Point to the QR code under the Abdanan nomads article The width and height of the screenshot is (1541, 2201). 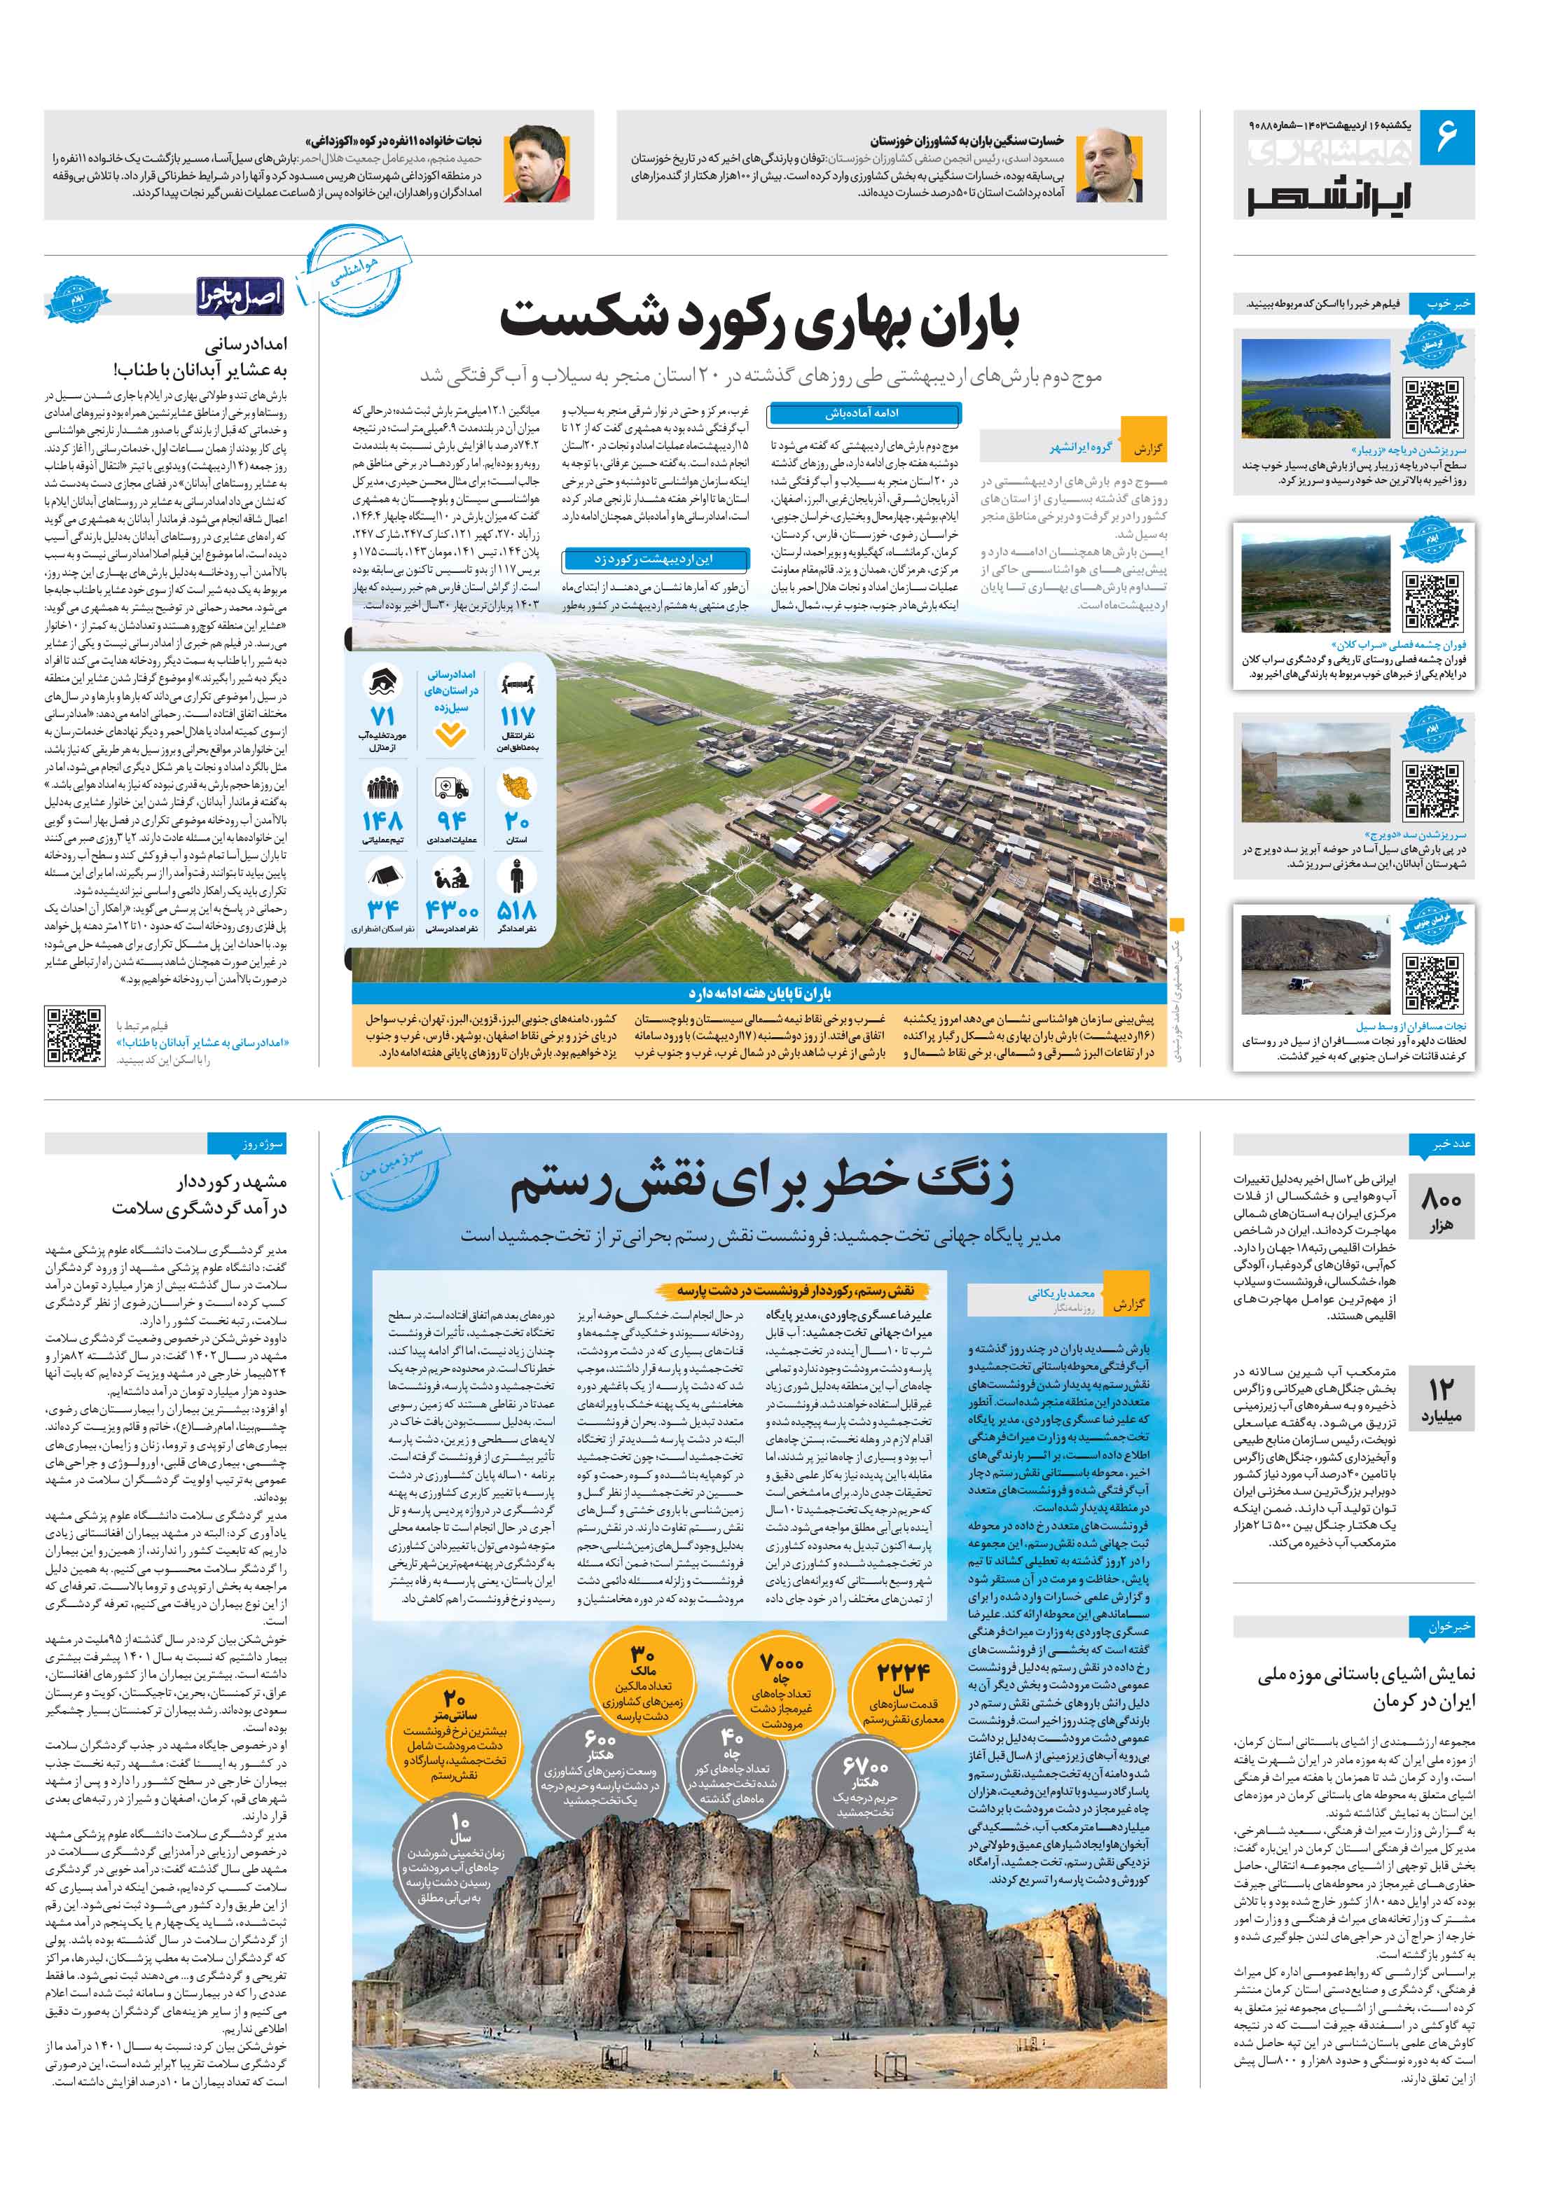75,1034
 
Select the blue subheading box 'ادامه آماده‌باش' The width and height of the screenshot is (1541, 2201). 864,414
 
